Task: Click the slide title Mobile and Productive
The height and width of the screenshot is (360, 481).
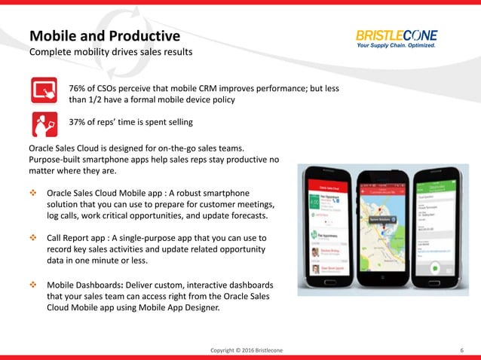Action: point(104,35)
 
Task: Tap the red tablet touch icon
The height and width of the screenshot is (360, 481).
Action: point(44,90)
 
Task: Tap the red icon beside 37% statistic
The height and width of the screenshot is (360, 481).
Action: point(44,123)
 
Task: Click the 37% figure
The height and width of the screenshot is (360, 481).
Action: point(79,122)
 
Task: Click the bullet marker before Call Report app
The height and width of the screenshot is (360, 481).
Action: point(33,238)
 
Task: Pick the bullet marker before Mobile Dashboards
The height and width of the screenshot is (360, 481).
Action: point(33,285)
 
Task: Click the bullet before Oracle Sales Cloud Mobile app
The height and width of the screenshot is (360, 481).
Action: point(33,192)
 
